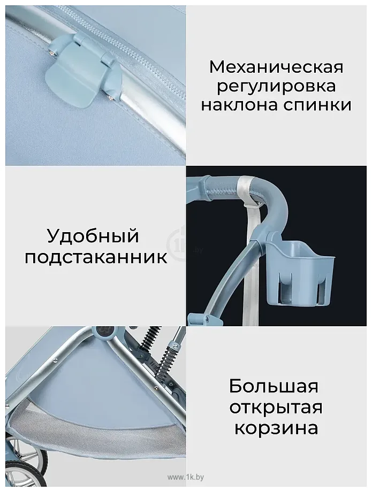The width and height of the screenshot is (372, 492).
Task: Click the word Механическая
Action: [x=276, y=66]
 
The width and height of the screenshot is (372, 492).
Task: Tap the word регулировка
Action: [x=276, y=86]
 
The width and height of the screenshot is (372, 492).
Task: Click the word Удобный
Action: [x=93, y=236]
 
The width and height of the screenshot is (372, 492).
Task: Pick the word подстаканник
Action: [x=96, y=257]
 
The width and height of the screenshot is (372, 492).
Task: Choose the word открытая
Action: [x=276, y=407]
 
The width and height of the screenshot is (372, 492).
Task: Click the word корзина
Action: [x=276, y=428]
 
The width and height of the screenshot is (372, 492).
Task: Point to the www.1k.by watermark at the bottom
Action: [x=186, y=477]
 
